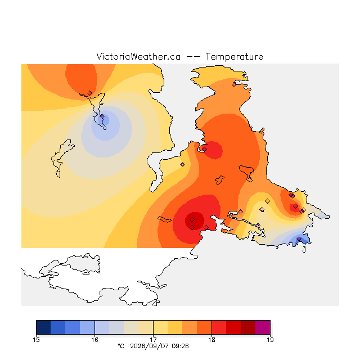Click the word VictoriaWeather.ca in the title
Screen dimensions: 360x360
pyautogui.click(x=138, y=56)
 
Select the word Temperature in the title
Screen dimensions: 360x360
pyautogui.click(x=234, y=56)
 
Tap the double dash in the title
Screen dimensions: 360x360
pyautogui.click(x=193, y=56)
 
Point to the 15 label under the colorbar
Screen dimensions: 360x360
pyautogui.click(x=36, y=340)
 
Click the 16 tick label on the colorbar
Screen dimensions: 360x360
pyautogui.click(x=94, y=340)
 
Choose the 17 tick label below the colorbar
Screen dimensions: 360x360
pyautogui.click(x=153, y=340)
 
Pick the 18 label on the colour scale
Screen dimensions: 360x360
pyautogui.click(x=211, y=340)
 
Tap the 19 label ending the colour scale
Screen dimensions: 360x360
pyautogui.click(x=270, y=340)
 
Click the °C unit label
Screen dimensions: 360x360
pyautogui.click(x=121, y=346)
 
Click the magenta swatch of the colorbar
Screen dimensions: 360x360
pyautogui.click(x=263, y=327)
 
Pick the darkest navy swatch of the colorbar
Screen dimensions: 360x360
pyautogui.click(x=43, y=327)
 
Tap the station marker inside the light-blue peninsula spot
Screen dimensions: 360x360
pyautogui.click(x=102, y=116)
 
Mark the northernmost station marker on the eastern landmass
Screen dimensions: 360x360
pyautogui.click(x=234, y=85)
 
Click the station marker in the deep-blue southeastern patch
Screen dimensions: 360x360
pyautogui.click(x=299, y=239)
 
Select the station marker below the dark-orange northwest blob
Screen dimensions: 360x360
pyautogui.click(x=90, y=93)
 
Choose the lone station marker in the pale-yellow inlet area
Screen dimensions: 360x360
pyautogui.click(x=182, y=164)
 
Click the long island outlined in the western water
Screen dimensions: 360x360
pyautogui.click(x=61, y=157)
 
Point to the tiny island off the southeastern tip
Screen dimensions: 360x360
pyautogui.click(x=304, y=250)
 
